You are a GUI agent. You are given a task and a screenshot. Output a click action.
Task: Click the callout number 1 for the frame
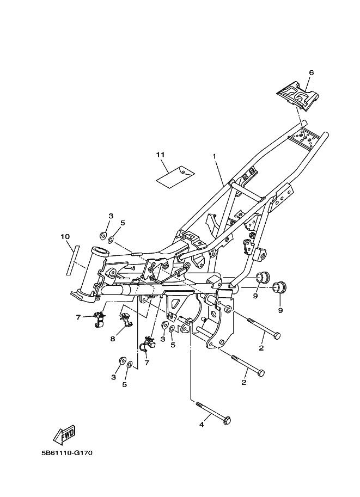click(215, 156)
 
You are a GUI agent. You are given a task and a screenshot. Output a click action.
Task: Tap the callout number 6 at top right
click(312, 72)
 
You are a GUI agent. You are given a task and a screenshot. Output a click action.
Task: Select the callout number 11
click(160, 155)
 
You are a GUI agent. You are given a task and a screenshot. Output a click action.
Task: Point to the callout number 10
click(65, 237)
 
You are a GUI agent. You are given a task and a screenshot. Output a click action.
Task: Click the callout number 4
click(202, 424)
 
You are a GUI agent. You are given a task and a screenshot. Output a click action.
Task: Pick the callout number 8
click(113, 339)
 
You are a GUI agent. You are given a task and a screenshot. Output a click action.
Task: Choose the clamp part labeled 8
click(125, 321)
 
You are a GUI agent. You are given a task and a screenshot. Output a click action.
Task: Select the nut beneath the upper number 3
click(103, 235)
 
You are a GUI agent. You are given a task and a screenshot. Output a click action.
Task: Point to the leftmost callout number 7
click(78, 317)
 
